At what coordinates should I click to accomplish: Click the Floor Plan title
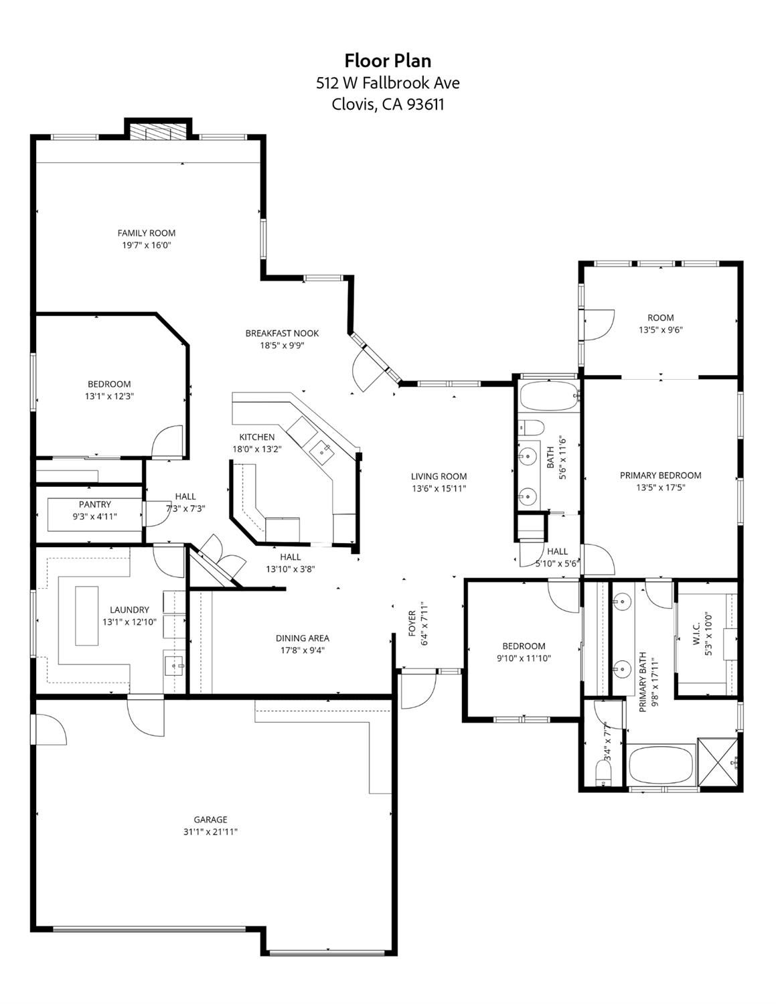pos(388,61)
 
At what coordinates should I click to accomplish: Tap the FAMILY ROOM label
pos(147,233)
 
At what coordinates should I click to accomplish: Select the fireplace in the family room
pos(158,131)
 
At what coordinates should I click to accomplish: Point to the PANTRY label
pos(95,504)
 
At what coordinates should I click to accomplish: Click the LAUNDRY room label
pos(129,609)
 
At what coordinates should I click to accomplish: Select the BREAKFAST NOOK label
pos(282,333)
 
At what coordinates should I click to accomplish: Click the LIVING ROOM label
pos(439,476)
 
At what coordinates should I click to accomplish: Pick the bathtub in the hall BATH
pos(548,397)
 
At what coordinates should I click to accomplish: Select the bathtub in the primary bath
pos(660,765)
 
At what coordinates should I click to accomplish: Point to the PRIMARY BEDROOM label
pos(660,476)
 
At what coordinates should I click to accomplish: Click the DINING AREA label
pos(303,638)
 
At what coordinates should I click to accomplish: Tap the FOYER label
pos(412,624)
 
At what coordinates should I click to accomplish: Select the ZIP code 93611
pos(422,104)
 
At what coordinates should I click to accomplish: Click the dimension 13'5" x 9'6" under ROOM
pos(660,330)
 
